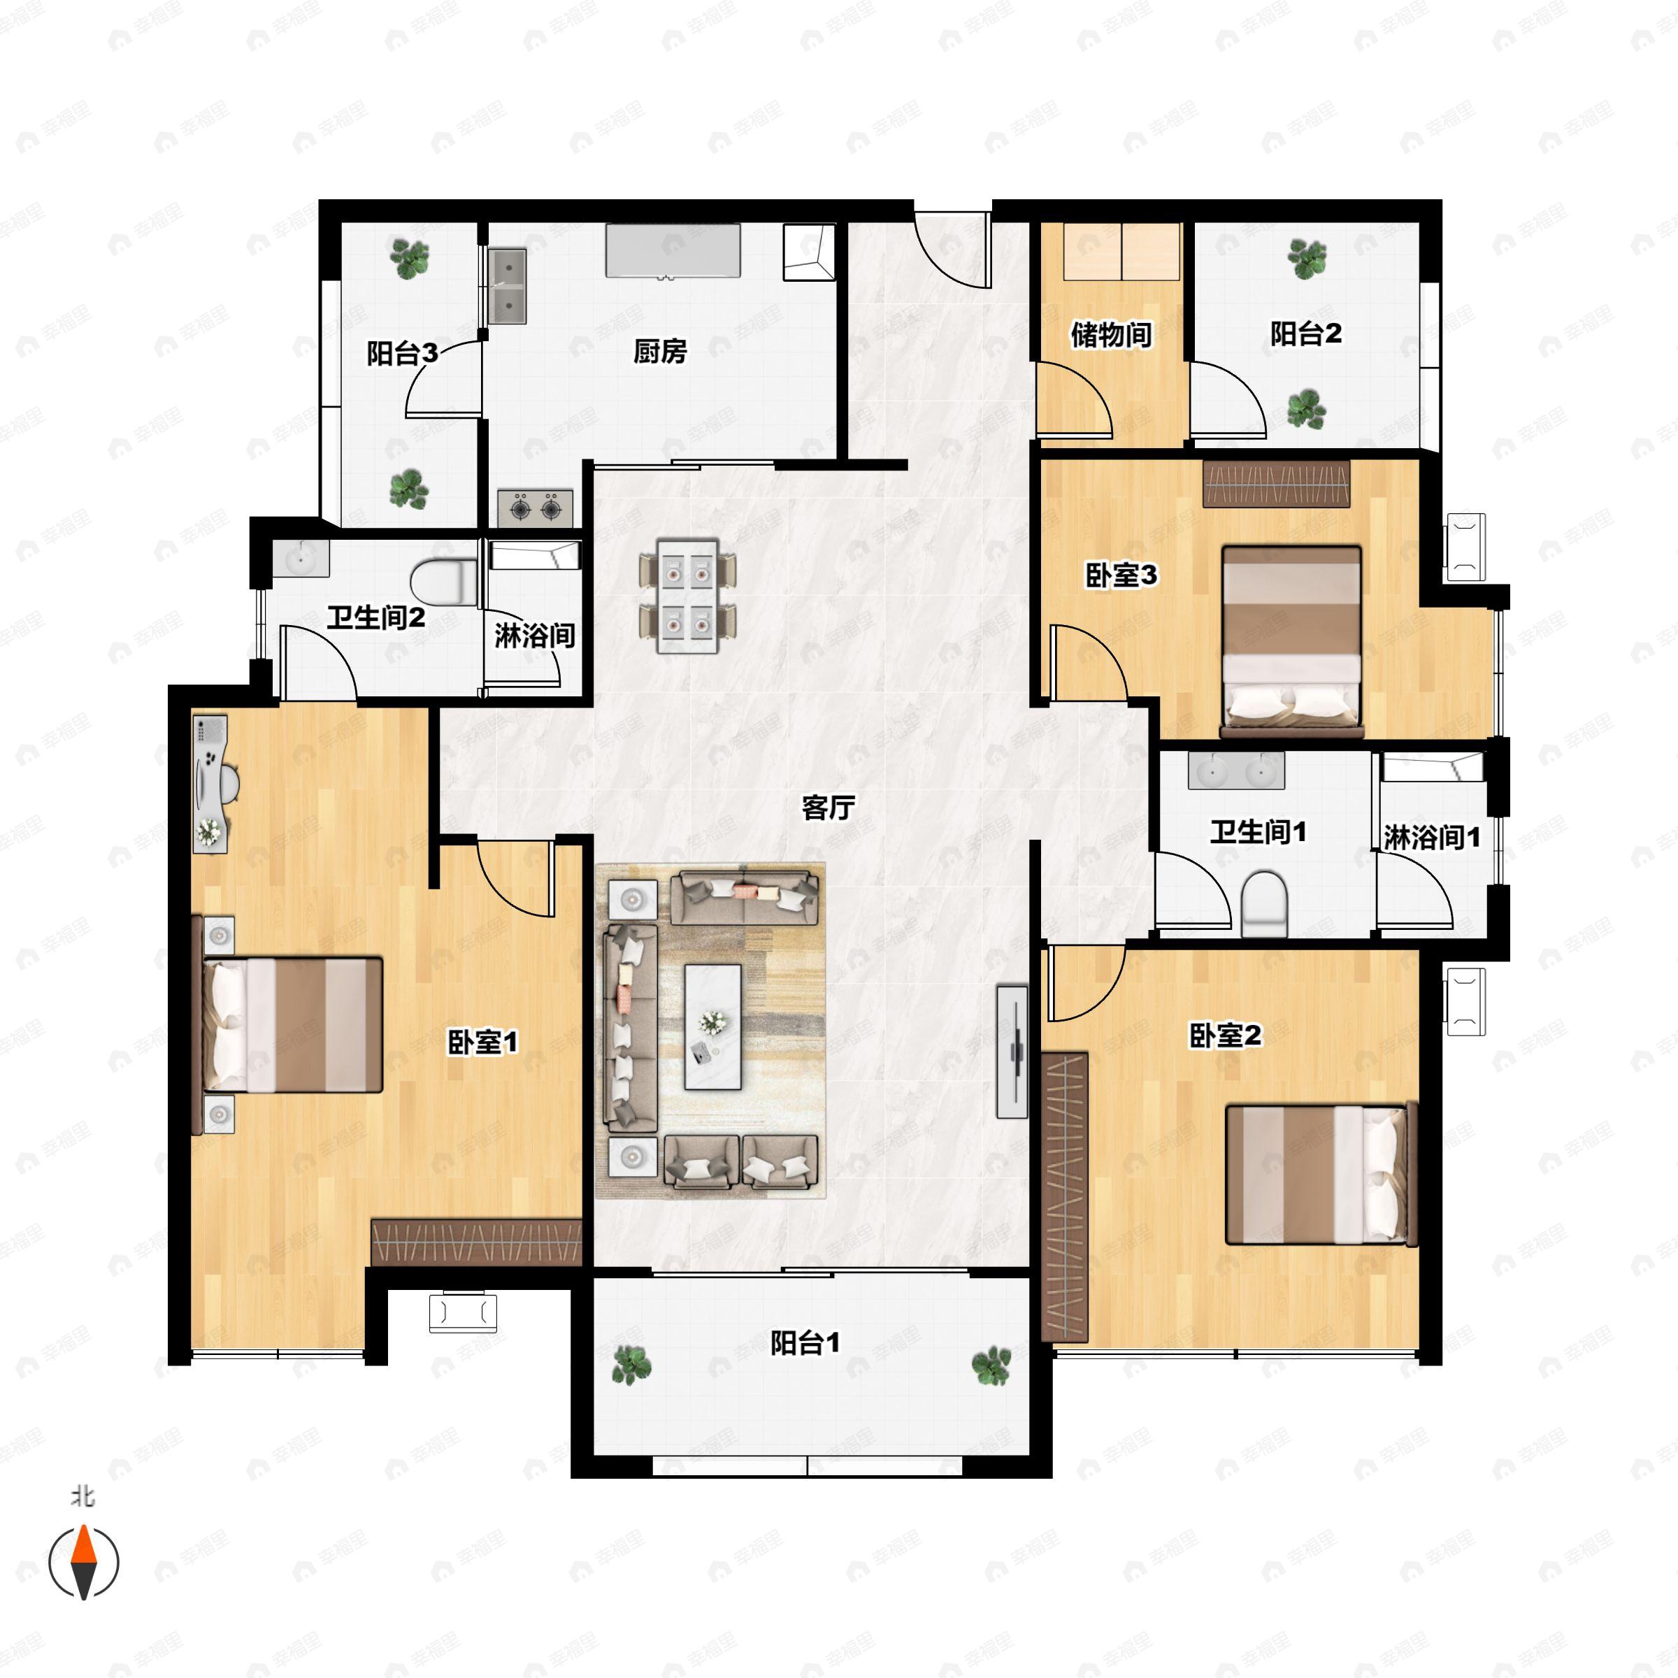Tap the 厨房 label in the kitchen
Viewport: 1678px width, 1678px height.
(x=659, y=351)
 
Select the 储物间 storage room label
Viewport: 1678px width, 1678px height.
(x=1111, y=334)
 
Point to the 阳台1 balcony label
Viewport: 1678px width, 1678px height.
(x=805, y=1344)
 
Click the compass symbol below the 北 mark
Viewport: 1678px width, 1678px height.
(x=83, y=1563)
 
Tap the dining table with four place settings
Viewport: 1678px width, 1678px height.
(x=688, y=596)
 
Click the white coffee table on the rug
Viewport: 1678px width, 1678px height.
(x=713, y=1026)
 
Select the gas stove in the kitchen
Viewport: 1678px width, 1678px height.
(x=535, y=508)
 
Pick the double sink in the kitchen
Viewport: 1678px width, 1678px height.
(x=507, y=286)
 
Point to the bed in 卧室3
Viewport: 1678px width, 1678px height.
(x=1291, y=642)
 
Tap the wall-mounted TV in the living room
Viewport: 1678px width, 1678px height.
(x=1012, y=1052)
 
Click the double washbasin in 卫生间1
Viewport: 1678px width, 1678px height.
(x=1236, y=770)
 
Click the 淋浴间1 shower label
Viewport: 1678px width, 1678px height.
(x=1431, y=838)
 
